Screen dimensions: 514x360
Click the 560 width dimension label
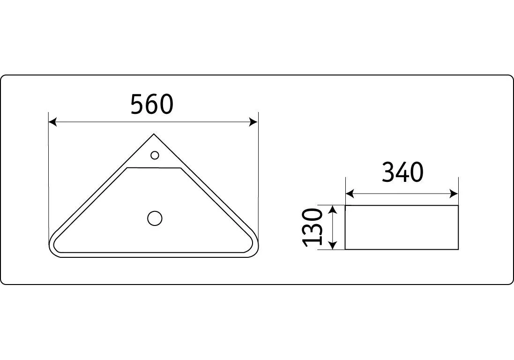pos(152,104)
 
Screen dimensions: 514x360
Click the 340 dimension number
pos(402,172)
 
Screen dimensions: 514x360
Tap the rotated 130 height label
pos(313,227)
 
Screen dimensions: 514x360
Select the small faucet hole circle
pos(155,155)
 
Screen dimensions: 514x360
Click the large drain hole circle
pos(155,218)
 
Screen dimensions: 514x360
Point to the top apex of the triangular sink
pos(154,134)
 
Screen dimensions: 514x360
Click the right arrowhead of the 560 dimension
pos(254,122)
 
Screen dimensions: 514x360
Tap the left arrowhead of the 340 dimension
pos(350,194)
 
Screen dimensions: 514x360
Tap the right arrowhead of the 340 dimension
pos(454,194)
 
